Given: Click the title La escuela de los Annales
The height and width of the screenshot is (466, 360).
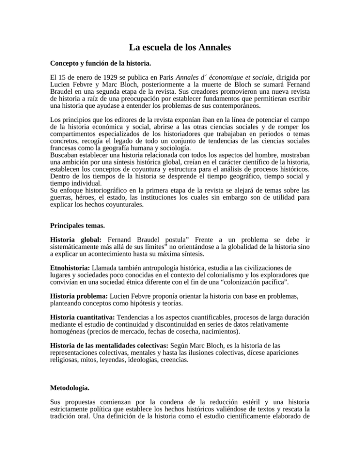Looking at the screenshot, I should coord(180,47).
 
